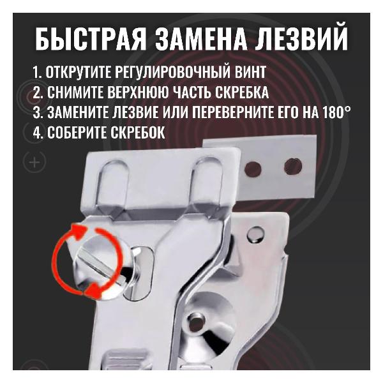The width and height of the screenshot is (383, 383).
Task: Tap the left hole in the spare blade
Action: tap(253, 169)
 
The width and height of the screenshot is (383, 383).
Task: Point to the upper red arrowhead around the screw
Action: tap(79, 229)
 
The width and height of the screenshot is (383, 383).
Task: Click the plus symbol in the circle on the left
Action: tap(35, 163)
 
